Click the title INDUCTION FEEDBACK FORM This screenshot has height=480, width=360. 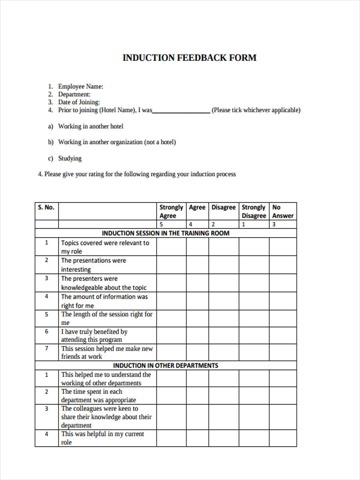pyautogui.click(x=189, y=58)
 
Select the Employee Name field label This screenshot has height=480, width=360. pyautogui.click(x=80, y=86)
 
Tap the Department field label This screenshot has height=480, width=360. pyautogui.click(x=74, y=94)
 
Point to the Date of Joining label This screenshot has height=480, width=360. pyautogui.click(x=79, y=102)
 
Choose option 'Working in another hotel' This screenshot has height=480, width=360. pyautogui.click(x=90, y=126)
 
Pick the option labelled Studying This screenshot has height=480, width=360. pyautogui.click(x=70, y=158)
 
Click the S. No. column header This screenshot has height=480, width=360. pyautogui.click(x=46, y=207)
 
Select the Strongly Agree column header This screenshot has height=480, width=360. pyautogui.click(x=171, y=211)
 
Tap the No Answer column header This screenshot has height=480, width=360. pyautogui.click(x=282, y=211)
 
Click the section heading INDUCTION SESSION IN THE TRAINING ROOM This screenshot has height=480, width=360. pyautogui.click(x=166, y=233)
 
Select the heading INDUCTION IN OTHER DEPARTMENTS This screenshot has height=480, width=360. pyautogui.click(x=166, y=365)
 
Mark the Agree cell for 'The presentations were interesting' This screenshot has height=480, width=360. pyautogui.click(x=197, y=265)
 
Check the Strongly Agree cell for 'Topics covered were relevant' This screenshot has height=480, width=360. pyautogui.click(x=171, y=247)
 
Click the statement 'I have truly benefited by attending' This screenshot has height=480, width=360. pyautogui.click(x=94, y=336)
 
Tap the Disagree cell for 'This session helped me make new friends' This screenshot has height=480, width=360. pyautogui.click(x=224, y=352)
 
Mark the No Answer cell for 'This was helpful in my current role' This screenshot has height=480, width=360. pyautogui.click(x=282, y=438)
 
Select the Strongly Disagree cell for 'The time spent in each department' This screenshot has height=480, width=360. pyautogui.click(x=254, y=396)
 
